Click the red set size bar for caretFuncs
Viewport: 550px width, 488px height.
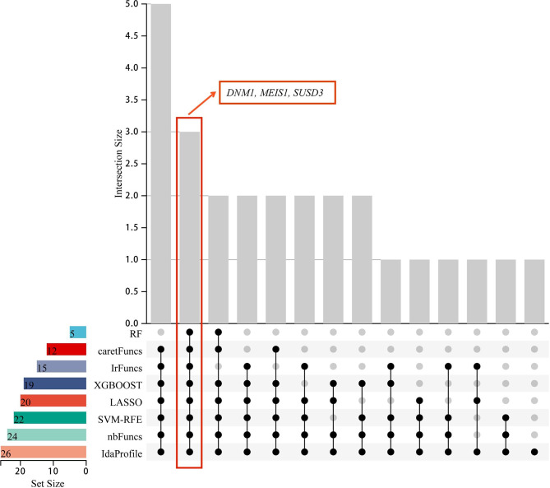pos(66,349)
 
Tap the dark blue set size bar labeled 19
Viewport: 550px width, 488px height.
pos(54,383)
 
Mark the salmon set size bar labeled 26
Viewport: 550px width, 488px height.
pos(43,452)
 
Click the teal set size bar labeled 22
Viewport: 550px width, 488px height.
pos(49,417)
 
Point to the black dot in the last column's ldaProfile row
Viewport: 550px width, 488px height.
pos(534,452)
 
